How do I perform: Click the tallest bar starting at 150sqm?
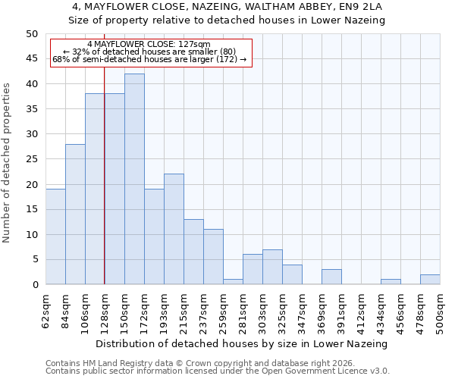[x=134, y=179]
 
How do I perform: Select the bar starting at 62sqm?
[x=55, y=236]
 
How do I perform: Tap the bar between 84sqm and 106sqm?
[x=75, y=215]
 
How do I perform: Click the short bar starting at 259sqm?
[x=233, y=282]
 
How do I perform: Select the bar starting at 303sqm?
[x=272, y=267]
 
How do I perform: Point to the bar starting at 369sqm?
[x=331, y=277]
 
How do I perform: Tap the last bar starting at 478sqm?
[x=430, y=280]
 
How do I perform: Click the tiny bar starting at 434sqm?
[x=391, y=282]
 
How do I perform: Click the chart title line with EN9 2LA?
[x=227, y=7]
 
